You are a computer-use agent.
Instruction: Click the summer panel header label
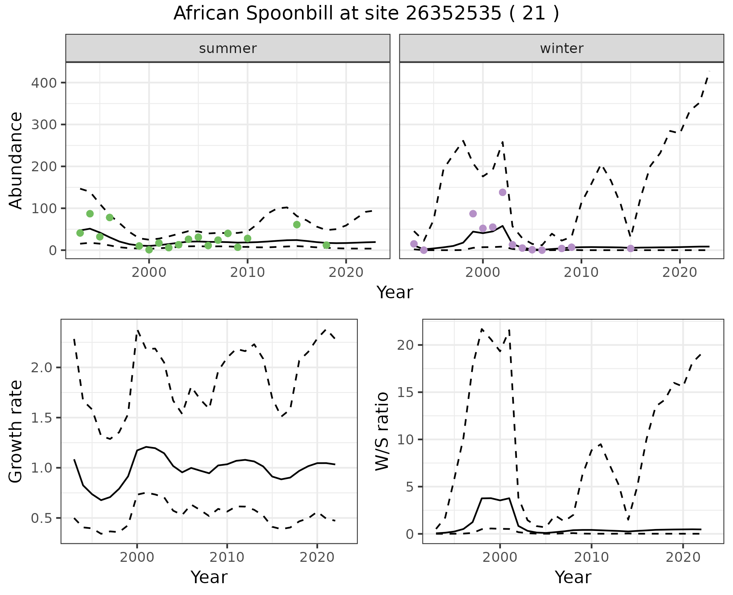tap(228, 48)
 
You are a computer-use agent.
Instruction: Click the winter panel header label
tap(562, 48)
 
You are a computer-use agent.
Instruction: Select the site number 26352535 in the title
tap(453, 14)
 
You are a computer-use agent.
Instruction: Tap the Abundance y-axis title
tap(16, 160)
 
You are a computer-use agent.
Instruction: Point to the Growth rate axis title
tap(16, 431)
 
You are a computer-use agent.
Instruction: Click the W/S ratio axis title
tap(382, 431)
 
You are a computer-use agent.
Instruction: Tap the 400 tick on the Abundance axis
tap(44, 83)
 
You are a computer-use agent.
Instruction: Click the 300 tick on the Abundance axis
tap(44, 125)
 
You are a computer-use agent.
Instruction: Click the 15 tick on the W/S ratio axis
tap(405, 392)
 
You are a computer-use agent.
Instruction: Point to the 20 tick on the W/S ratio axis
tap(405, 345)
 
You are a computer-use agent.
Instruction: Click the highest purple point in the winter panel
tap(502, 192)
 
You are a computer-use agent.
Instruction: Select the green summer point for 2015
tap(297, 225)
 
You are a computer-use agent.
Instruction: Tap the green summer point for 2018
tap(326, 245)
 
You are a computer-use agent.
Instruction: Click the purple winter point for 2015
tap(631, 249)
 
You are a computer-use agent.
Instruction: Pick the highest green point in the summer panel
tap(90, 214)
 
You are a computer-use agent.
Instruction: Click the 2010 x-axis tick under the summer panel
tap(247, 272)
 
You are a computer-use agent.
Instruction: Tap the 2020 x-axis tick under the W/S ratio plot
tap(683, 557)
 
